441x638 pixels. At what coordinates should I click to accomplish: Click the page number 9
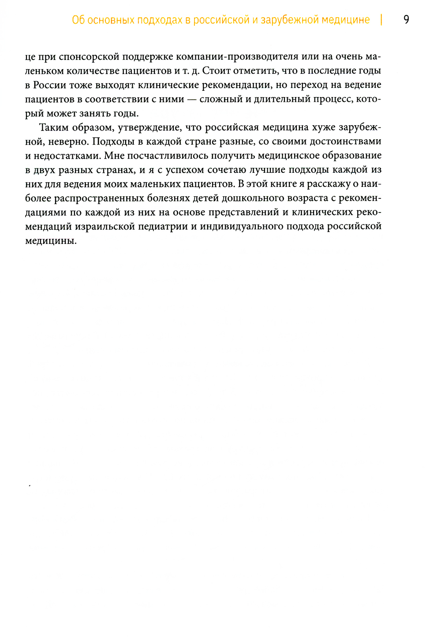406,20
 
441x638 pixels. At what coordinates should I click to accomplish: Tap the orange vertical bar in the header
381,20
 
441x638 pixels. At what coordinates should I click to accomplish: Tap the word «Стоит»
217,71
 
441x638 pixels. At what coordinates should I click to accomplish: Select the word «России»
50,85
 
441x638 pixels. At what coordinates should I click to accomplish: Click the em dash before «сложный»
192,99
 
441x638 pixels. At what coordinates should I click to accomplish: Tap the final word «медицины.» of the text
51,241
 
